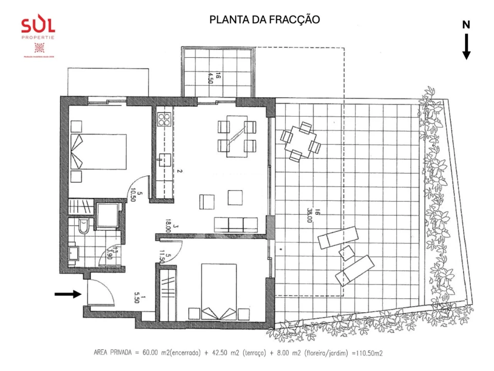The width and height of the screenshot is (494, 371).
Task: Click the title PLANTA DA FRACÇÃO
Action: (264, 20)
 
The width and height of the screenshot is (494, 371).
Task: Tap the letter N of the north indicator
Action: (466, 25)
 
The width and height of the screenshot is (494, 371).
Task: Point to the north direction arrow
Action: (466, 47)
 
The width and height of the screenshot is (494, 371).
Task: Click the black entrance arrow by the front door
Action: (68, 294)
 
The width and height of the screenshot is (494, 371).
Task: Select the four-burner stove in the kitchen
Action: (164, 120)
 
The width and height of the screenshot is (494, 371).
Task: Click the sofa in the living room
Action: (235, 224)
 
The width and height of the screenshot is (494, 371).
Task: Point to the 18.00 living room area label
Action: (170, 225)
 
